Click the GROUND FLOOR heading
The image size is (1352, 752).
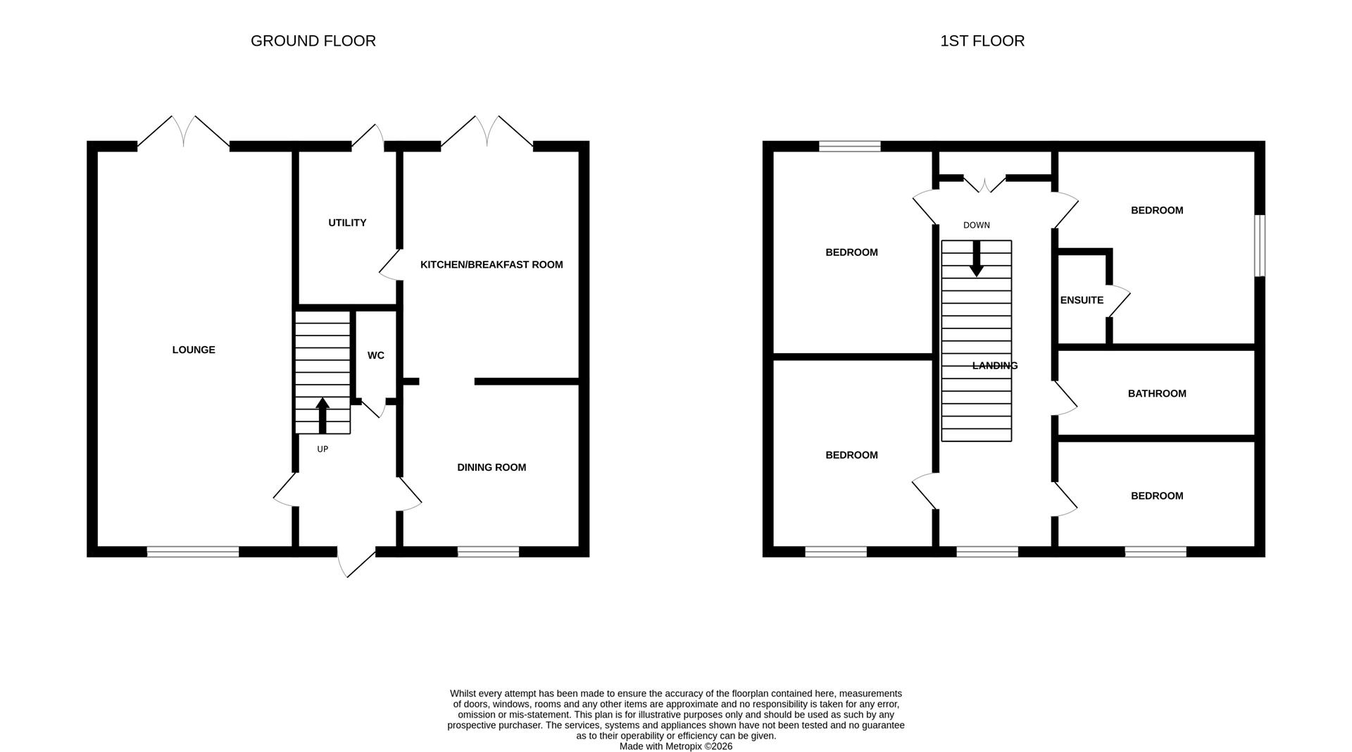313,41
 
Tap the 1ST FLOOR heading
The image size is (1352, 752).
982,41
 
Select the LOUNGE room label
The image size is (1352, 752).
194,350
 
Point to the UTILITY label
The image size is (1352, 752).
347,223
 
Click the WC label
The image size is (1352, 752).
376,355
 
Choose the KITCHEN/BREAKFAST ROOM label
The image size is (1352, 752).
492,265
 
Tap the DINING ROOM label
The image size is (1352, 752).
492,467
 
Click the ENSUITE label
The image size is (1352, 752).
1082,300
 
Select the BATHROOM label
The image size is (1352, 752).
1157,393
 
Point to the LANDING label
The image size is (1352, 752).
995,366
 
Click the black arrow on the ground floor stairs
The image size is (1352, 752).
323,416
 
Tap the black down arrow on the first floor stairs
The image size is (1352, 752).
976,259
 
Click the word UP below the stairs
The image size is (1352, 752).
323,449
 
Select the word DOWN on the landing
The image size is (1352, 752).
977,226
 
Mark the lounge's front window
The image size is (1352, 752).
193,552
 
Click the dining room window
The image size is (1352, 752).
488,552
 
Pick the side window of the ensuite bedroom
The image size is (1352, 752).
1260,245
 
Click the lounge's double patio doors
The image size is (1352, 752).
183,132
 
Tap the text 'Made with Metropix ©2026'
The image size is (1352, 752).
676,746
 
